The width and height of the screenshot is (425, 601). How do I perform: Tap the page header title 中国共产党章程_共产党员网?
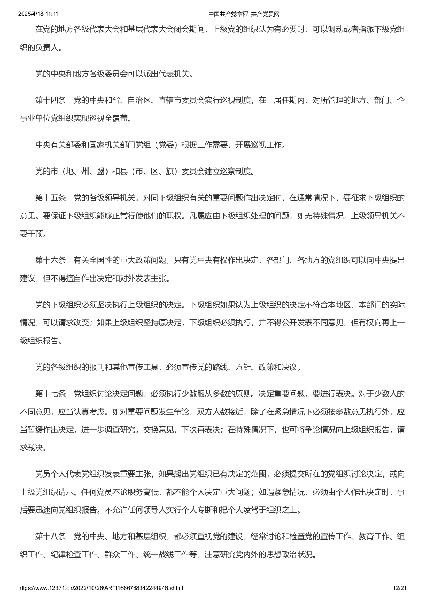pos(244,14)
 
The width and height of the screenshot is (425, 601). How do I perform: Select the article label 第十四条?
pos(50,101)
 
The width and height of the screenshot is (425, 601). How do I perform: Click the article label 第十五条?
pos(50,198)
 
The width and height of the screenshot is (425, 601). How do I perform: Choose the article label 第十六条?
pos(50,260)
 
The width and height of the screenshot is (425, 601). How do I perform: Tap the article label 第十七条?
pos(50,394)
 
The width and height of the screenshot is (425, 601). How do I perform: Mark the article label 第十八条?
pos(50,536)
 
